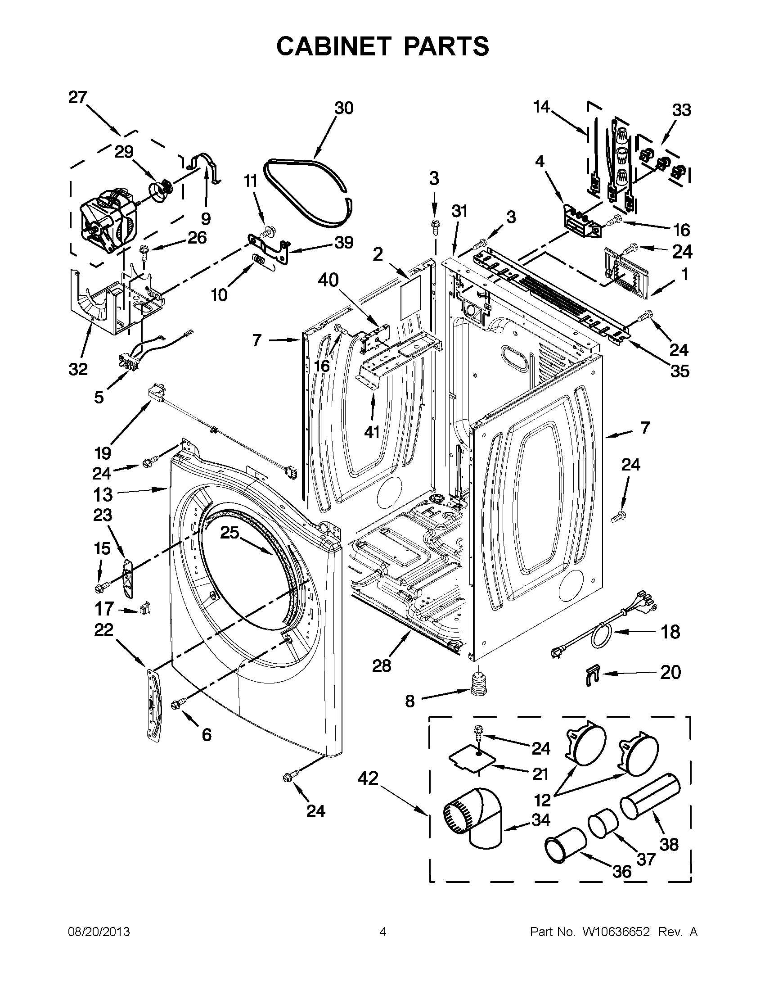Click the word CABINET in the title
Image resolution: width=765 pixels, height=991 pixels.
[333, 46]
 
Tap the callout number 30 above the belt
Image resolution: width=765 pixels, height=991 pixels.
[344, 109]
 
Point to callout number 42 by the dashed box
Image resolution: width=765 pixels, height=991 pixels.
[367, 778]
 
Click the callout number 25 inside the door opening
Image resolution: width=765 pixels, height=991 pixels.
[229, 532]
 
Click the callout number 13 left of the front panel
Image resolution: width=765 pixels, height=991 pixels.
[103, 494]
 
